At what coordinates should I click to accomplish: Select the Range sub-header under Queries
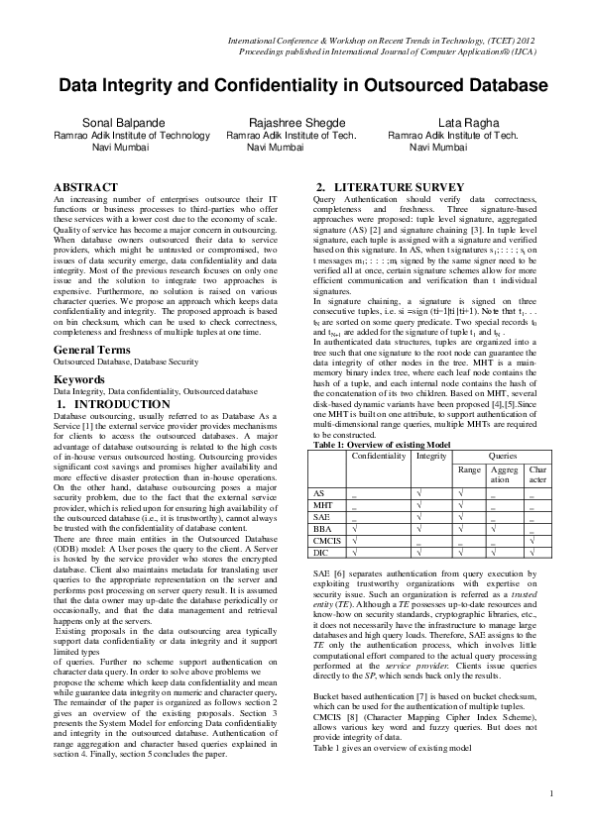[x=471, y=469]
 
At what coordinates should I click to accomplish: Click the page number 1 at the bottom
[x=550, y=820]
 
